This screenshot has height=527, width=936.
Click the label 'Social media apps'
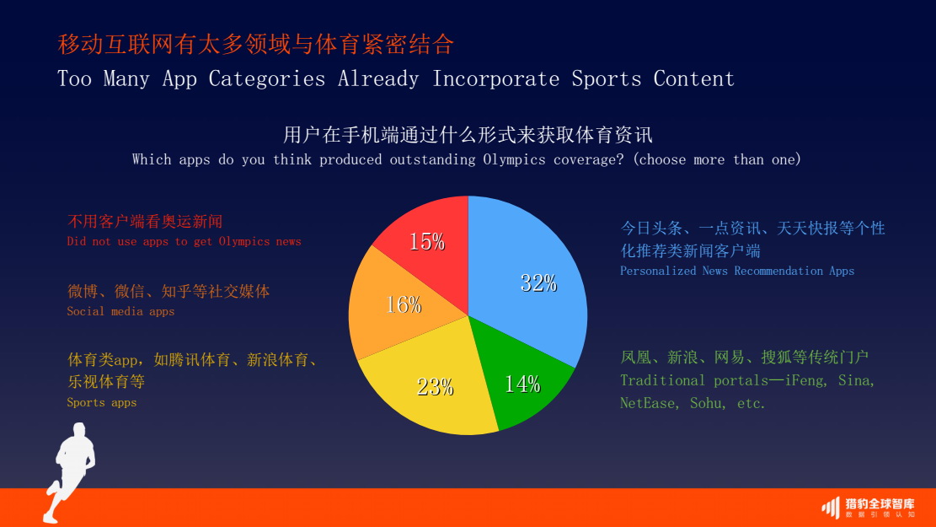pyautogui.click(x=120, y=311)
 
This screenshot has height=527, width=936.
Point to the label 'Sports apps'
pyautogui.click(x=101, y=402)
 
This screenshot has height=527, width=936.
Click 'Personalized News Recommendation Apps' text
pyautogui.click(x=737, y=271)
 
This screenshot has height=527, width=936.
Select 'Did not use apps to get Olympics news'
pyautogui.click(x=184, y=241)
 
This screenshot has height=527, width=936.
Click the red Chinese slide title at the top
pyautogui.click(x=255, y=44)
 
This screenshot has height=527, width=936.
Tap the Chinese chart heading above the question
pyautogui.click(x=468, y=135)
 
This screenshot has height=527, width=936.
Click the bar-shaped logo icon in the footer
pyautogui.click(x=830, y=507)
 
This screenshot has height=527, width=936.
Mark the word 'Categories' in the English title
pyautogui.click(x=267, y=79)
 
